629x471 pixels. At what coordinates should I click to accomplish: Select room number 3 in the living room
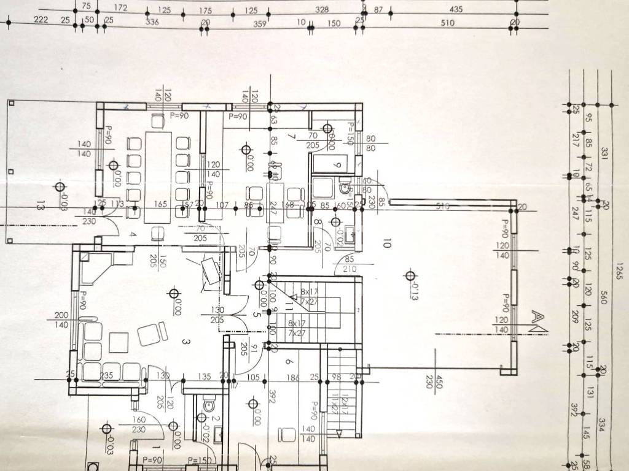[x=184, y=341]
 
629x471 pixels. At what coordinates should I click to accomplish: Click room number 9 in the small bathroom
[x=336, y=165]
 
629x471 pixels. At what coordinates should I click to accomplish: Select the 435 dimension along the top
[x=456, y=9]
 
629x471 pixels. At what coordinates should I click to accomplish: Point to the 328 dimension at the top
[x=321, y=9]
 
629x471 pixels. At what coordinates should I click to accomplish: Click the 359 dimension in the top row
[x=260, y=23]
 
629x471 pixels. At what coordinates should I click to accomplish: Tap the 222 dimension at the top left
[x=41, y=20]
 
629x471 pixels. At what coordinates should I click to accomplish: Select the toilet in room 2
[x=208, y=405]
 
